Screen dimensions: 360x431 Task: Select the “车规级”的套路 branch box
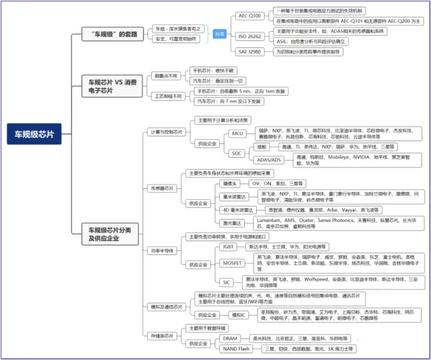click(x=110, y=34)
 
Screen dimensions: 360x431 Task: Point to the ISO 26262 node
click(x=250, y=35)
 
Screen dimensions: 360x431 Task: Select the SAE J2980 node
click(x=250, y=52)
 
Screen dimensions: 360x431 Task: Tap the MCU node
click(x=237, y=133)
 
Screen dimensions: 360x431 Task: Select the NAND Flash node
click(x=235, y=349)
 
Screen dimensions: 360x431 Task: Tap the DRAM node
click(x=230, y=338)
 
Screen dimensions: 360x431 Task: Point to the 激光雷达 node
click(x=233, y=223)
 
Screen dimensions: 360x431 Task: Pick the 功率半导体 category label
click(x=164, y=250)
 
